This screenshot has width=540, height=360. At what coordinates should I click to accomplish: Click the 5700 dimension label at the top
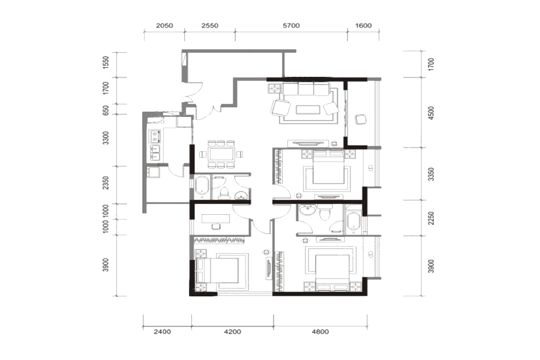[292, 25]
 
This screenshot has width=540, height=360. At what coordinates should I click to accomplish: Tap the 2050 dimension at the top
[164, 25]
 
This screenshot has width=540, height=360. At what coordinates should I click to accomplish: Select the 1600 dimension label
[364, 25]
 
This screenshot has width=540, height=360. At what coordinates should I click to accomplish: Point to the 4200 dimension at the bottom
[232, 332]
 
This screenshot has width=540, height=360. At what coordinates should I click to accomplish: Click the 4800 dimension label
[320, 332]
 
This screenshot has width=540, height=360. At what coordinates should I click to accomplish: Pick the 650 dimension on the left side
[106, 110]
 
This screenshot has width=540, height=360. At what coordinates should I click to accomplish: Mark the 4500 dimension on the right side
[431, 113]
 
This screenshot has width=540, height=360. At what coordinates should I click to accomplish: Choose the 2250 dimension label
[431, 218]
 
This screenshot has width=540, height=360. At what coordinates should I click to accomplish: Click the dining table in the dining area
[221, 154]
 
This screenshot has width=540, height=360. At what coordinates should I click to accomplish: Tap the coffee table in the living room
[307, 110]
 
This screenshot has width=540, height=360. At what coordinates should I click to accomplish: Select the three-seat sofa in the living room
[306, 89]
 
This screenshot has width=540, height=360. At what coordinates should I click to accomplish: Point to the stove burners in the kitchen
[155, 136]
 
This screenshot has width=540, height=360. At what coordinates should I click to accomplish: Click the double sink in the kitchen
[155, 153]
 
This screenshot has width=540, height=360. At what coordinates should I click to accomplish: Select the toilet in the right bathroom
[325, 213]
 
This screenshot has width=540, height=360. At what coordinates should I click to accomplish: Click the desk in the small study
[215, 219]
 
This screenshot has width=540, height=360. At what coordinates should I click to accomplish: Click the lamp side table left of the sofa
[274, 89]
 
